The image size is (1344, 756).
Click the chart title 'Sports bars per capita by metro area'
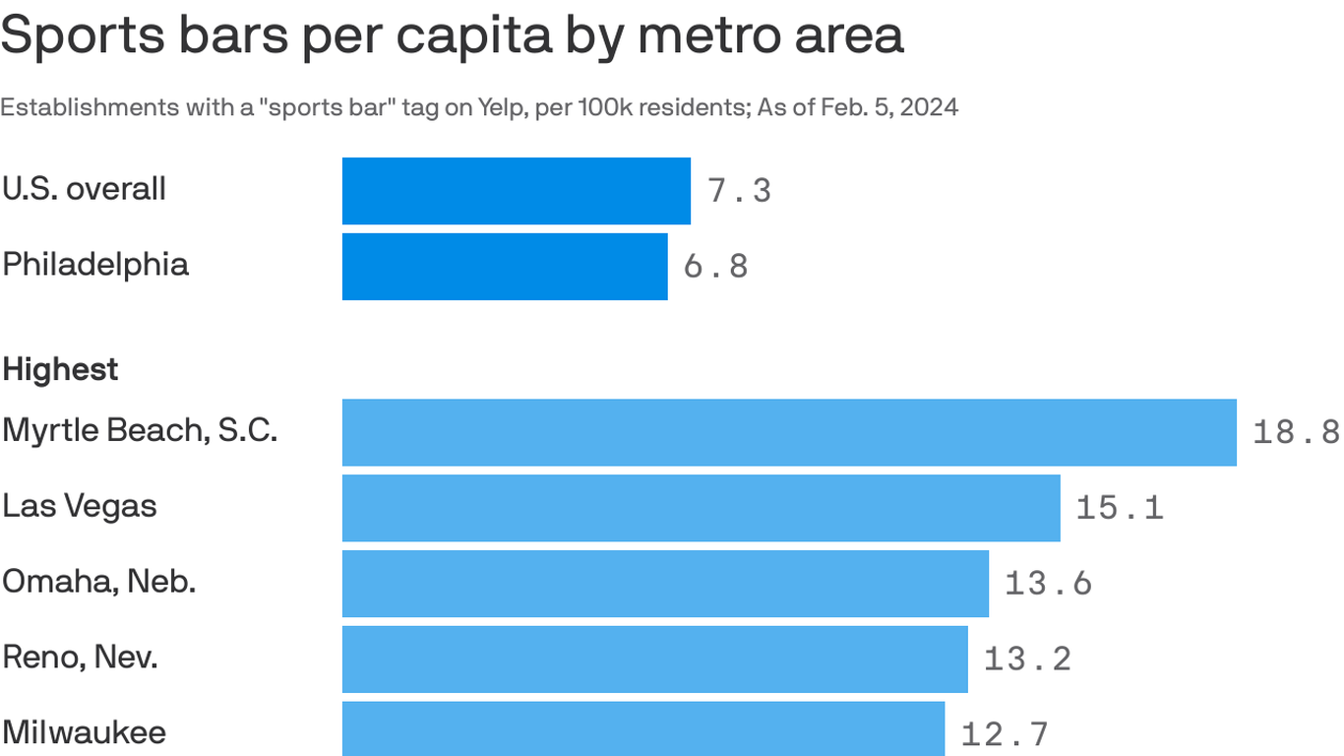coord(452,35)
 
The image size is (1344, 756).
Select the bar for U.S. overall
coord(516,191)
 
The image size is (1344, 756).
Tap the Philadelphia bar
coord(505,267)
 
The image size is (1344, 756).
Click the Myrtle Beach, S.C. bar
coord(789,432)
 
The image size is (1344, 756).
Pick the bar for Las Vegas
coord(701,508)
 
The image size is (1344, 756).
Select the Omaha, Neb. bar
coord(665,584)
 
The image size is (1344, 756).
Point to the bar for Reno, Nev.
coord(654,660)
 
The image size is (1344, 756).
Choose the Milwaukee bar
coord(643,729)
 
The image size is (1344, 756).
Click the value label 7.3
coord(739,191)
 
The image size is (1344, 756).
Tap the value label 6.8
coord(715,267)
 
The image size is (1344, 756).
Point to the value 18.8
coord(1296,432)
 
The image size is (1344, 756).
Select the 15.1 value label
coord(1120,508)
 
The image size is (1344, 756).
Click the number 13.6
coord(1048,584)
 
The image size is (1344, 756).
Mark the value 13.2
coord(1027,660)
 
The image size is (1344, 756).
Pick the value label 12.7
coord(1005,734)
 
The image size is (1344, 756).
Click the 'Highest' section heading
coord(60,370)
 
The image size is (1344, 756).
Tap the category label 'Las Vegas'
coord(80,507)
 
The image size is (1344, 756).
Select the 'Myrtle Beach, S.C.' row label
coord(140,431)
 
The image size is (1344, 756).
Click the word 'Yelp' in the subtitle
coord(503,107)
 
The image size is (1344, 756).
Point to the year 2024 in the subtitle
coord(928,107)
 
